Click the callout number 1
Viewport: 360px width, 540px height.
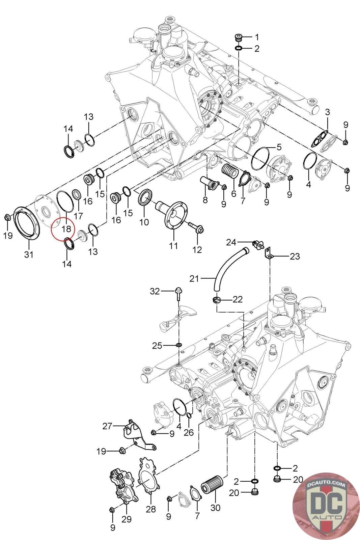click(257, 36)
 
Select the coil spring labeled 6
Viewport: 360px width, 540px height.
click(230, 169)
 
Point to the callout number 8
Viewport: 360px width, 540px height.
click(205, 200)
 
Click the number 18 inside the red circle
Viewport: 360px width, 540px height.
click(66, 229)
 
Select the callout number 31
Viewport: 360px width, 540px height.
click(29, 254)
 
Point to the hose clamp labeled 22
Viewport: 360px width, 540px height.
click(217, 299)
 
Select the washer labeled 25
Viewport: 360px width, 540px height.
click(178, 345)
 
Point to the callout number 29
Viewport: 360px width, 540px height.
click(127, 519)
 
